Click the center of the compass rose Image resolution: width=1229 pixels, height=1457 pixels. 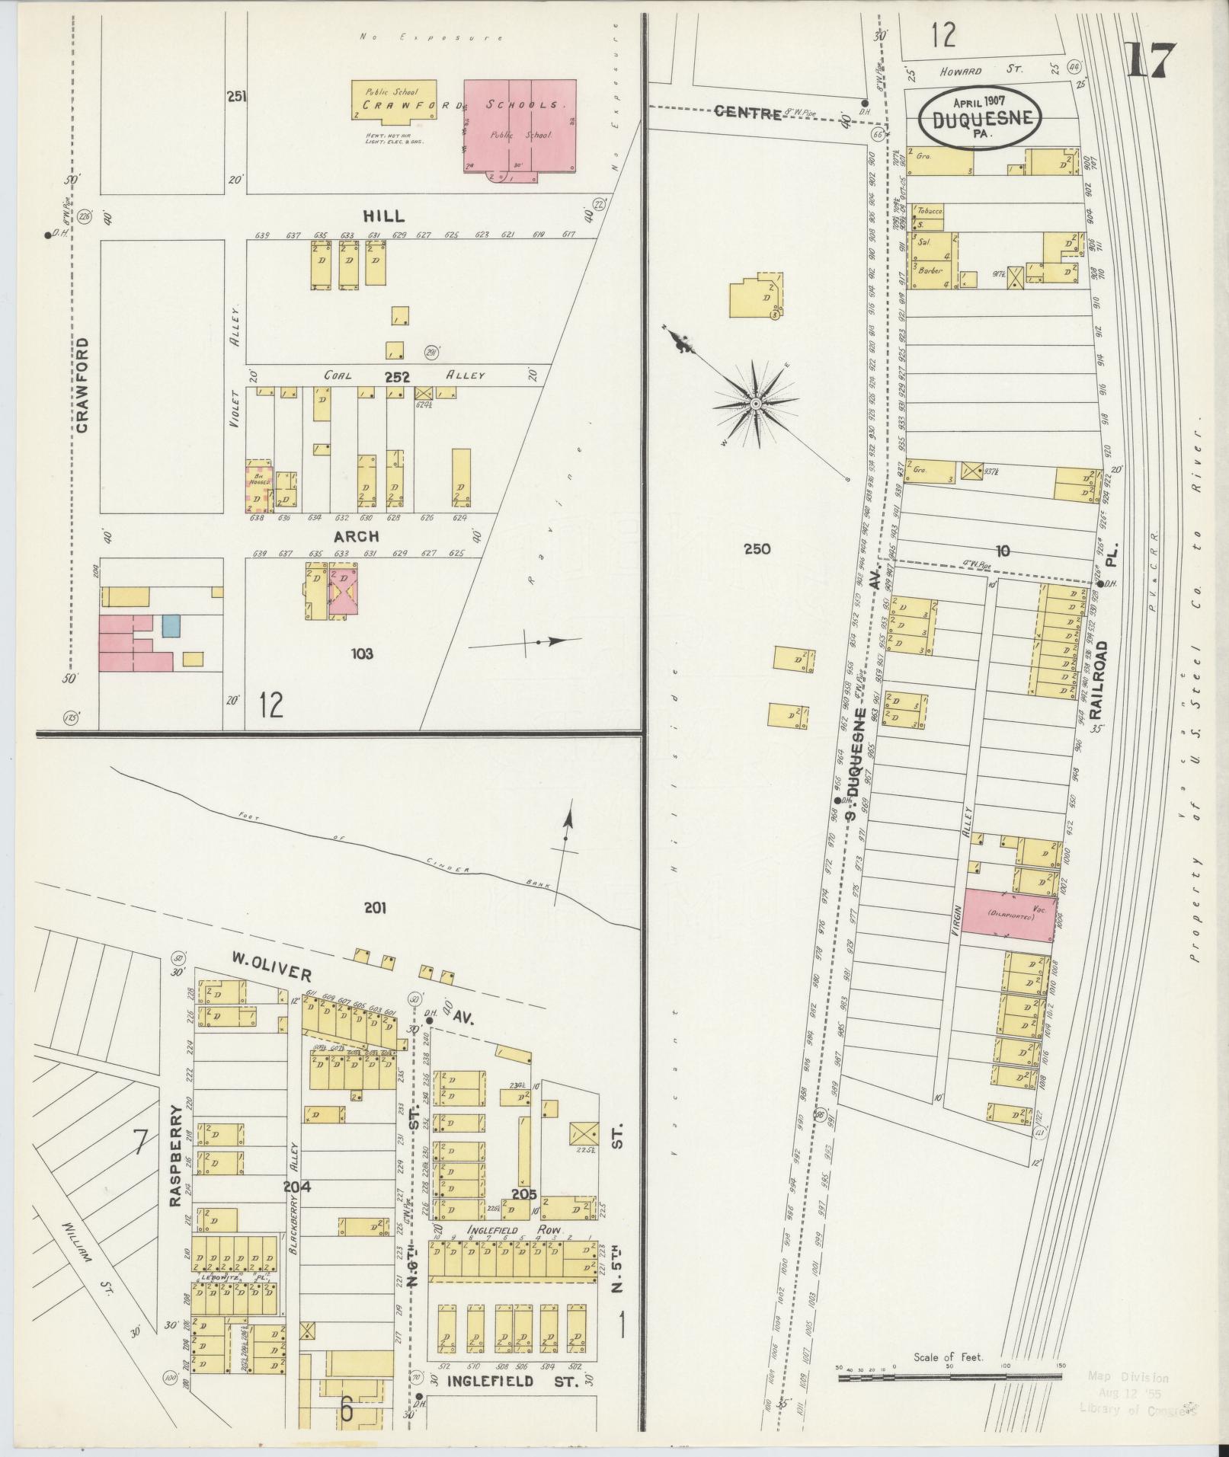tap(755, 404)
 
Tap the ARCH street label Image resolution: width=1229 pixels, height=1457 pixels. tap(356, 537)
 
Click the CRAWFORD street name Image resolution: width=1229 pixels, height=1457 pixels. tap(82, 385)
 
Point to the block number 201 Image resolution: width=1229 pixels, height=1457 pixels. tap(375, 908)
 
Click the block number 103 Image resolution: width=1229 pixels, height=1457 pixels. tap(362, 653)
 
